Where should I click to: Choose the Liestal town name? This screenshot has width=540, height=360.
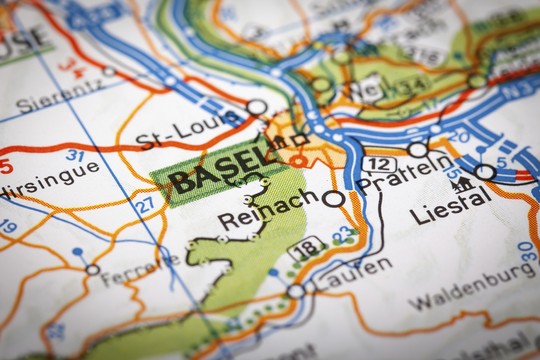451,207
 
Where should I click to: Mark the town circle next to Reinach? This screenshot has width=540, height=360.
333,199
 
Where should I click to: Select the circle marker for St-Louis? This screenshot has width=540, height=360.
257,107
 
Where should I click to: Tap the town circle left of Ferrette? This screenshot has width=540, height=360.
93,269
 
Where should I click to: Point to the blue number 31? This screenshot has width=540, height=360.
75,156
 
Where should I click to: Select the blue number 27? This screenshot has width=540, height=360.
146,204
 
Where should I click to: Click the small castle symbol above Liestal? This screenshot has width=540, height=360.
461,183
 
